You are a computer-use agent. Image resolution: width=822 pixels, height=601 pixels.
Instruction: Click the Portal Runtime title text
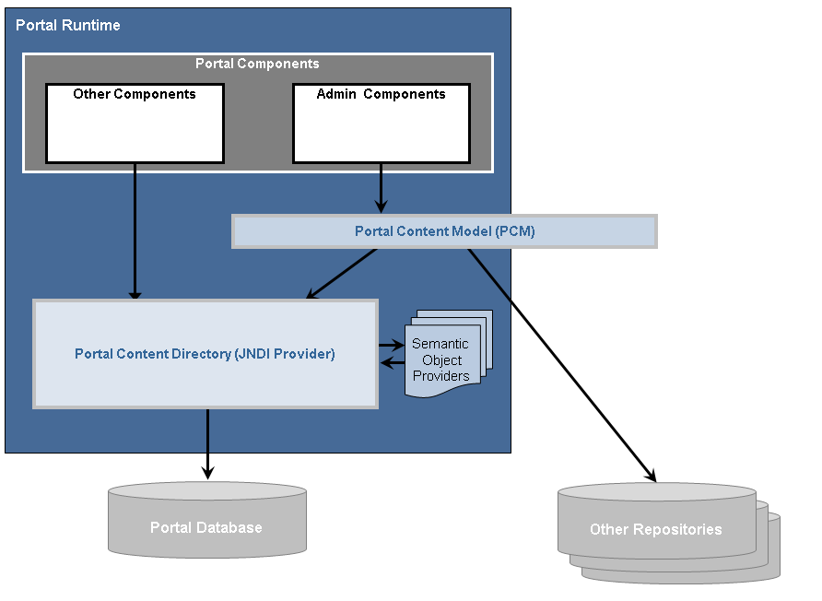coord(68,25)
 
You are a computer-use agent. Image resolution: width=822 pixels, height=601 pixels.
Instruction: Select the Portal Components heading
coord(257,64)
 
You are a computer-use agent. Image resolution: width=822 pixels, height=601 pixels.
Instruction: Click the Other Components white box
coord(135,124)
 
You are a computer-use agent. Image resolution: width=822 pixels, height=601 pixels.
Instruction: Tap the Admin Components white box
coord(381,124)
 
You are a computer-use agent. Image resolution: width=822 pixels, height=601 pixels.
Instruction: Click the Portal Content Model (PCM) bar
coord(444,231)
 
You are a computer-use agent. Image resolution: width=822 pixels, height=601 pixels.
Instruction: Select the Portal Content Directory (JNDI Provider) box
coord(205,354)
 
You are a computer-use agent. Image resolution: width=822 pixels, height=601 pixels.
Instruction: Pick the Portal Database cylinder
coord(206,521)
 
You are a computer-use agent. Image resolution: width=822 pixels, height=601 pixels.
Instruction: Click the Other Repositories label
coord(655,530)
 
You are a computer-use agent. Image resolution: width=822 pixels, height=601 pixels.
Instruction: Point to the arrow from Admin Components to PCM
coord(381,190)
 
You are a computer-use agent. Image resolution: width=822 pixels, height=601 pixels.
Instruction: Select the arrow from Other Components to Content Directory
coord(135,230)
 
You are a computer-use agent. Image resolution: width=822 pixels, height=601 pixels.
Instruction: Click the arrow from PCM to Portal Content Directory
coord(341,274)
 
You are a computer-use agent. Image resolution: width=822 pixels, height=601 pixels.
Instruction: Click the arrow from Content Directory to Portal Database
coord(207,443)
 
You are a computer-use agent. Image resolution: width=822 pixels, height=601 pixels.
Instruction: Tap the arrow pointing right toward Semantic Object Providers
coord(391,346)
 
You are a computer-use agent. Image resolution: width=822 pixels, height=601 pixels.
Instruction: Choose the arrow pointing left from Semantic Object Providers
coord(393,362)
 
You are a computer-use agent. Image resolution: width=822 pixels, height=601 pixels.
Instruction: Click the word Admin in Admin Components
coord(335,94)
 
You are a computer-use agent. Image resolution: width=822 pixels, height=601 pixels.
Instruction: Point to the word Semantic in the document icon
coord(440,344)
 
